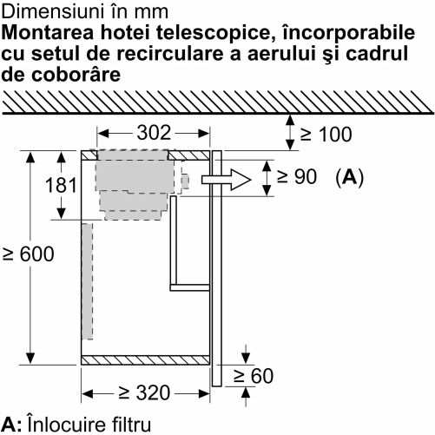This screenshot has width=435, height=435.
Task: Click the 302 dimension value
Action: (154, 133)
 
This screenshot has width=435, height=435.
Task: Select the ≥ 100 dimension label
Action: (326, 134)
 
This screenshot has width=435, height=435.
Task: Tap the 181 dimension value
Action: (61, 185)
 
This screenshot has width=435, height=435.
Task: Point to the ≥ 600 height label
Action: (28, 254)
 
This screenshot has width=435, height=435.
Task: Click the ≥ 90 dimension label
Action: (297, 176)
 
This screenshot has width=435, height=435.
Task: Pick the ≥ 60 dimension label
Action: (254, 376)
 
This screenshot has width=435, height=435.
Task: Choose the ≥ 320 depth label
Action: (144, 392)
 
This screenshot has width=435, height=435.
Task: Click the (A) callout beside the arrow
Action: (349, 177)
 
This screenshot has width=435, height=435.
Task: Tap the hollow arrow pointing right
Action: (226, 180)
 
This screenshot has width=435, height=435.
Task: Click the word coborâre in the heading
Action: (76, 75)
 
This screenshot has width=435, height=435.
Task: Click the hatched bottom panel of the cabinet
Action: (145, 360)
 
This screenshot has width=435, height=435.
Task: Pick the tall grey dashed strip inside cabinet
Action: (87, 281)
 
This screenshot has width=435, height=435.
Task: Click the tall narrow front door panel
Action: (217, 268)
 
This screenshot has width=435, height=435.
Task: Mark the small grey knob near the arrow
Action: (185, 181)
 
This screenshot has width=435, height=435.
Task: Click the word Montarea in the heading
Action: (48, 33)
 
